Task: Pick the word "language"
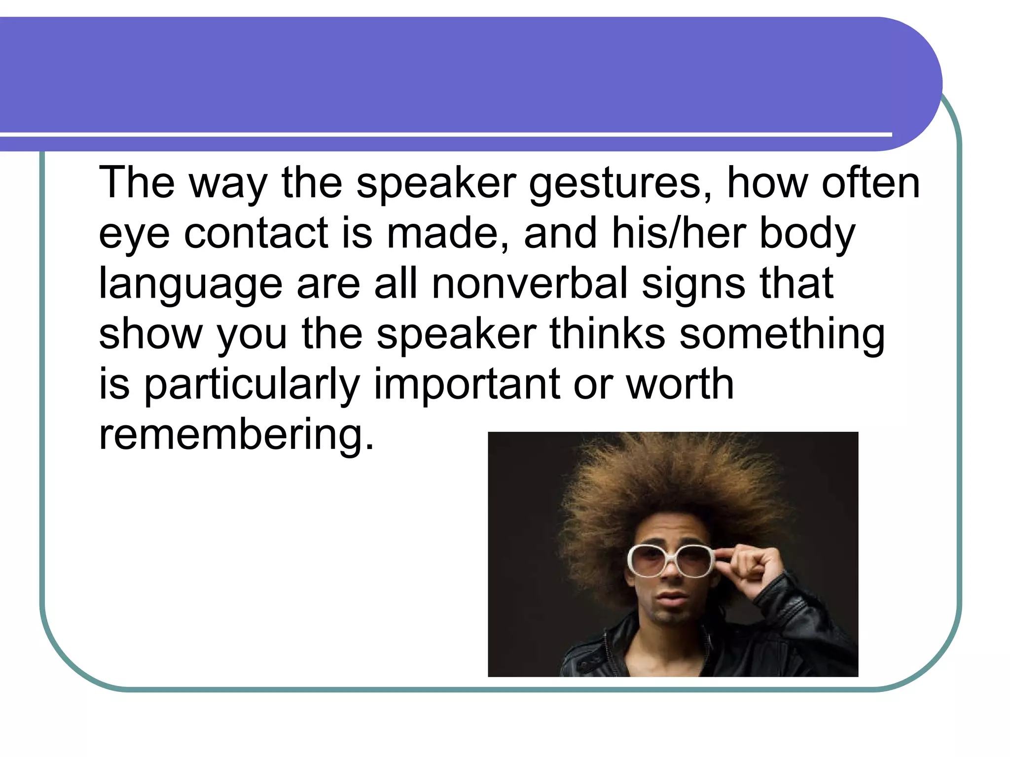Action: pos(190,285)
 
